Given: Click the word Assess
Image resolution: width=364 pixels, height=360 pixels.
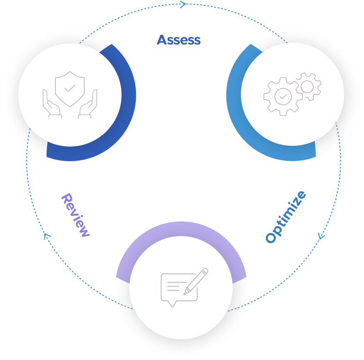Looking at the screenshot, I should pyautogui.click(x=178, y=40).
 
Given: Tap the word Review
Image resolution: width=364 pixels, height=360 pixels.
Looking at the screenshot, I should pyautogui.click(x=75, y=215).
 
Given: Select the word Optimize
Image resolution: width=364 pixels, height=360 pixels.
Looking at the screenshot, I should pyautogui.click(x=285, y=216).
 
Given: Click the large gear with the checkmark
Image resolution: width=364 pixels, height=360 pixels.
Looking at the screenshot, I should pyautogui.click(x=282, y=95).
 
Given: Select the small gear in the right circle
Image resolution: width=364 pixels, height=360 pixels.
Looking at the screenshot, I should pyautogui.click(x=308, y=86).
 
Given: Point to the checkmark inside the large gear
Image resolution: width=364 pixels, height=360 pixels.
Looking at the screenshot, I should pyautogui.click(x=282, y=95).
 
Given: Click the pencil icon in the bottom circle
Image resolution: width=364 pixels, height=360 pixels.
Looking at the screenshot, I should pyautogui.click(x=196, y=281).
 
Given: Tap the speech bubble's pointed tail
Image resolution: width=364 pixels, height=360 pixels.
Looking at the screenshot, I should pyautogui.click(x=172, y=304).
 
